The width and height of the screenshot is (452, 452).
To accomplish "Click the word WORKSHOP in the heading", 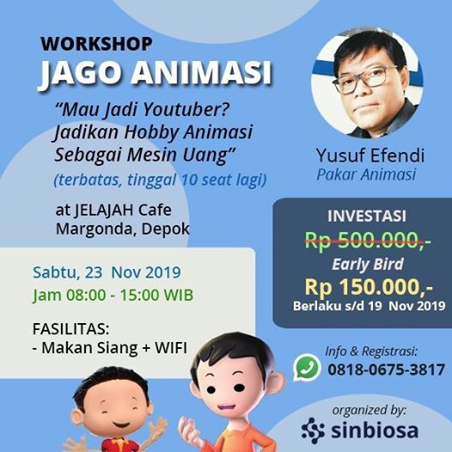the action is pos(96,44).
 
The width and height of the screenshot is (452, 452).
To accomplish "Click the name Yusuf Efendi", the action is pos(370,156).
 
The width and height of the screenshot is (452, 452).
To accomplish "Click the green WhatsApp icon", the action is pos(308,367).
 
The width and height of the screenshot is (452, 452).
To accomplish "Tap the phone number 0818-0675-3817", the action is pos(387,370).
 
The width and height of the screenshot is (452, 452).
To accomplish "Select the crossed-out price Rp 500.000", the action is pos(367,240).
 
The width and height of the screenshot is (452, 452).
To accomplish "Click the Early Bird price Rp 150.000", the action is pos(369,287).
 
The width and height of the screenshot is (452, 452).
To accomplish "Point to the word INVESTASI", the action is pos(367,217).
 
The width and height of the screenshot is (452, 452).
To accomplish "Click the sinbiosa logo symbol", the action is pos(313,431).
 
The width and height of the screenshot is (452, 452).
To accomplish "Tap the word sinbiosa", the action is pos(375,431).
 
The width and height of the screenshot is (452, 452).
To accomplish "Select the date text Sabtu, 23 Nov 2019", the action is pos(107,272).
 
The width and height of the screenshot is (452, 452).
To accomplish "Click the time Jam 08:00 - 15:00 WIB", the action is pos(113,296).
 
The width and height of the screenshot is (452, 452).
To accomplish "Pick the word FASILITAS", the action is pos(71,329).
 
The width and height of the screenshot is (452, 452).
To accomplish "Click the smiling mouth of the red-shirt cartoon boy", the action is pos(121,425).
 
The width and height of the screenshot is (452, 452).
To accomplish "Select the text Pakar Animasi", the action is pos(366,174).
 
